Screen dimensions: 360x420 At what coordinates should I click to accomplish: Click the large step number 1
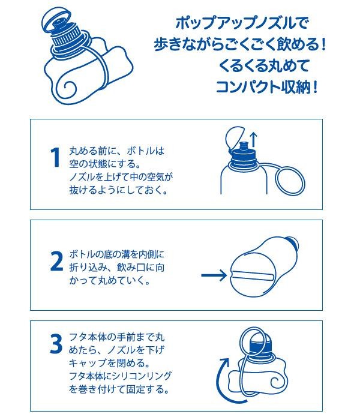point(56,157)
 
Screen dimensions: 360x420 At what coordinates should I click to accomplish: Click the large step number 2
point(56,260)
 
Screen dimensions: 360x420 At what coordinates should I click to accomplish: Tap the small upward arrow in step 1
point(253,140)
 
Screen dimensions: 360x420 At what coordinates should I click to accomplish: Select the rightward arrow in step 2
point(214,275)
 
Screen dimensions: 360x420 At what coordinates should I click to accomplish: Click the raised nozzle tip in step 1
point(243,146)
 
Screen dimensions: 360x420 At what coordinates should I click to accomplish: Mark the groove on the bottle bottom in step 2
point(252,276)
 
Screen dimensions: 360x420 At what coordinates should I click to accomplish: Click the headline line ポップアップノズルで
point(242,23)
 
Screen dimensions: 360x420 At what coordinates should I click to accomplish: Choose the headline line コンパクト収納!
point(267,87)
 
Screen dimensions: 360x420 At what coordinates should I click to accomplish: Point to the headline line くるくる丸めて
point(264,65)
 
